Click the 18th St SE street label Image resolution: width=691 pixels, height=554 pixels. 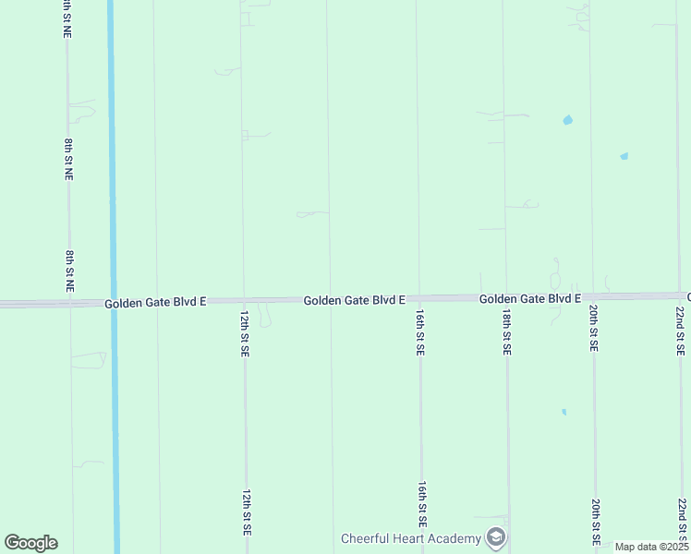coord(507,332)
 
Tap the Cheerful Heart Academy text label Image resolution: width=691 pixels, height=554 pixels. coord(411,538)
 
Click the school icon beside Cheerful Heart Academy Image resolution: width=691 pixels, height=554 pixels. coord(496,537)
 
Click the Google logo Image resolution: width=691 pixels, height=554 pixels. coord(30,543)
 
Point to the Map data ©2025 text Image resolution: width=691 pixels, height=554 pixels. coord(651,547)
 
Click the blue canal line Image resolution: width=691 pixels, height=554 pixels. coord(112,185)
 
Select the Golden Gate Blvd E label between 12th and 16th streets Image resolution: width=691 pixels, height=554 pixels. coord(355,300)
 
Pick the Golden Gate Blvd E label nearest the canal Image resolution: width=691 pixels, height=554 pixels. coord(155,303)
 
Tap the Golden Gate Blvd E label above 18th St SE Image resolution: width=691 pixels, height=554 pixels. coord(529,298)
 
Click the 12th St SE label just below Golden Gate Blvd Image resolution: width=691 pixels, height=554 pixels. coord(245,332)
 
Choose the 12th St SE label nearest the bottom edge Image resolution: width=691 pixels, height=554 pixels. coord(247,513)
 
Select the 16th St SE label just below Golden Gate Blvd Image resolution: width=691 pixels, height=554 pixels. coord(420,332)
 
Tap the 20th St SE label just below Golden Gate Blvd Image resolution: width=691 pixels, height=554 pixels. coord(594,331)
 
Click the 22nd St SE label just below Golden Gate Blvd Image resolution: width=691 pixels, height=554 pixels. coord(680,331)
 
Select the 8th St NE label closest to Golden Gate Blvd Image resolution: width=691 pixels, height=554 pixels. coord(69,271)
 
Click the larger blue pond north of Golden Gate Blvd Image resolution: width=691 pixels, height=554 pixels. coord(567,120)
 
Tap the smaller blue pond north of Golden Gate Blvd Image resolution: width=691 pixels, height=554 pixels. coord(624,156)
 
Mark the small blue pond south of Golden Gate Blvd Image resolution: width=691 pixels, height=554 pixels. coord(564,412)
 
